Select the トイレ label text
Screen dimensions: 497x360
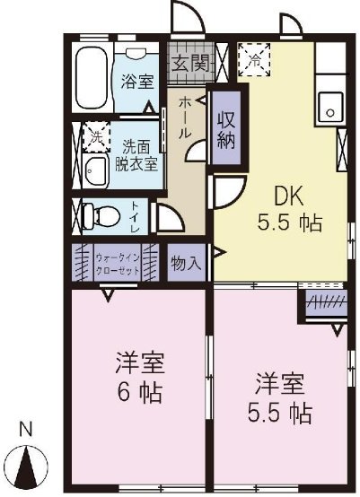136,215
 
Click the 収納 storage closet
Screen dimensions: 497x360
225,126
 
